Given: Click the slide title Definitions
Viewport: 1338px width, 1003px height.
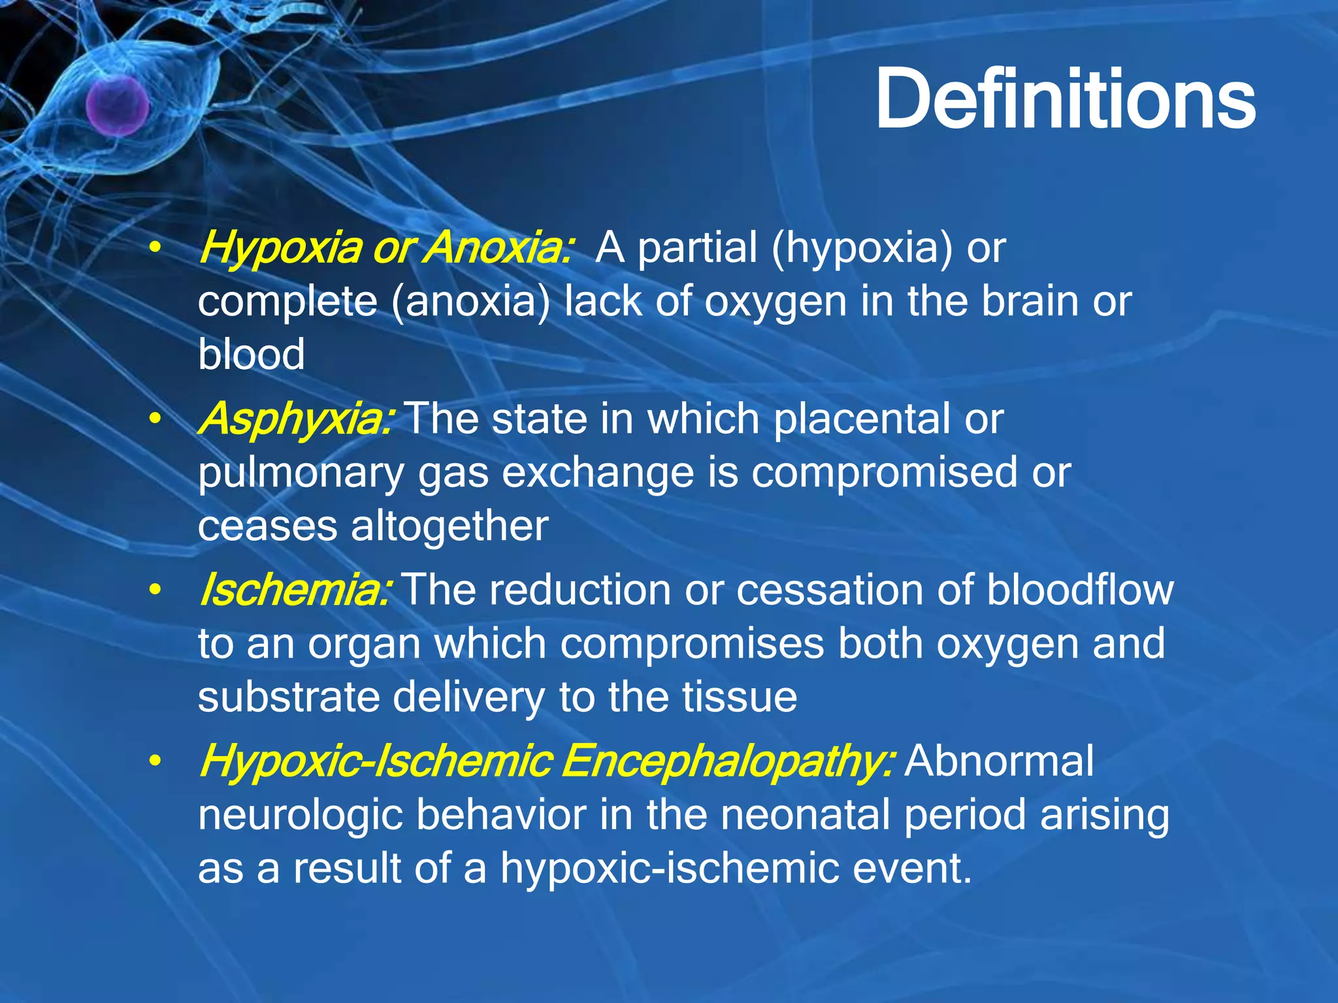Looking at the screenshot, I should coord(1065,100).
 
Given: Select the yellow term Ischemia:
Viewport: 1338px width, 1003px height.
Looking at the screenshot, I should coord(295,590).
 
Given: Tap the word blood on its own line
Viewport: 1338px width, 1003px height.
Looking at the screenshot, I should coord(252,354).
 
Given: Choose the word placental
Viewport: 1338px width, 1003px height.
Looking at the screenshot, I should coord(862,419).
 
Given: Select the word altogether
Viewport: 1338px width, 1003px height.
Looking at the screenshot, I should coord(449,526).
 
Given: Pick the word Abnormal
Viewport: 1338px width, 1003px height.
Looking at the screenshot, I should coord(999,762).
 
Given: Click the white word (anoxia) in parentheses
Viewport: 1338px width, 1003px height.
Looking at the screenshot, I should coord(471,302).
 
